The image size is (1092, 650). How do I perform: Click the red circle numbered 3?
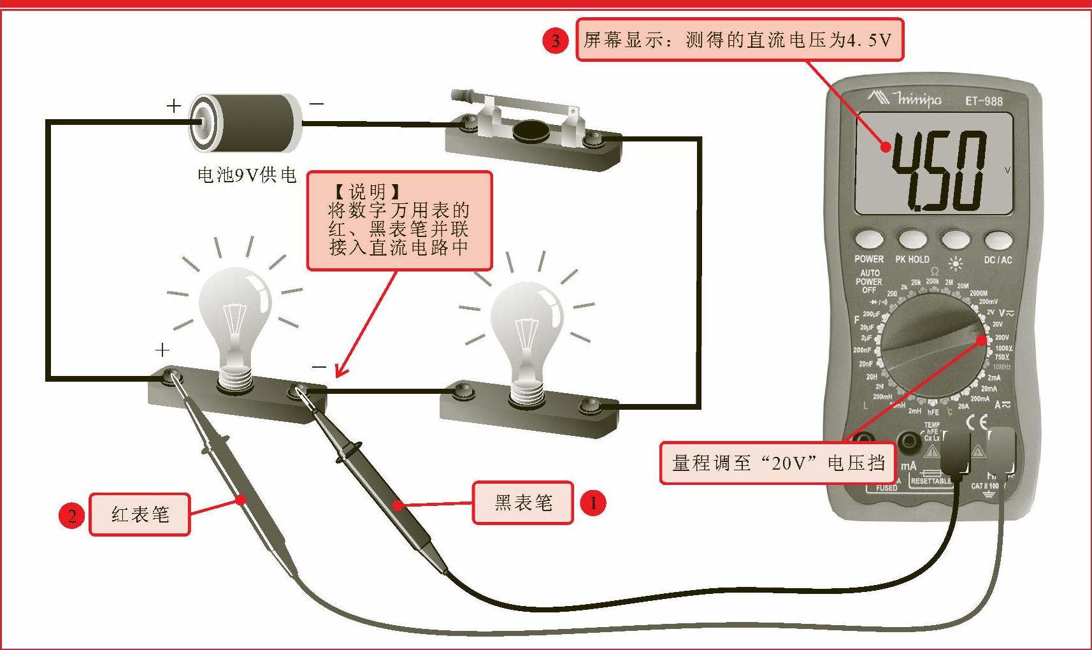click(555, 41)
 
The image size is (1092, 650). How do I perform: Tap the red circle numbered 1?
click(593, 503)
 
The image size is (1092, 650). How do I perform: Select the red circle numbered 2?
click(72, 515)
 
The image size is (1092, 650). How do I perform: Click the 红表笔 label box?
click(140, 514)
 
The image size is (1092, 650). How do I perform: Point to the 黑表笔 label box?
click(522, 503)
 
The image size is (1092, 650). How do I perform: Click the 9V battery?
click(246, 122)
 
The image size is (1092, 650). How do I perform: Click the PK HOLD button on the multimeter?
click(912, 240)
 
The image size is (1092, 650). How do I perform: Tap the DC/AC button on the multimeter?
click(998, 241)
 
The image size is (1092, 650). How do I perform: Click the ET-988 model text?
click(983, 101)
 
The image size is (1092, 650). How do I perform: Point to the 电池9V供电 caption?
click(247, 175)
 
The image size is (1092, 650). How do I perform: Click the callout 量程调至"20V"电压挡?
click(777, 463)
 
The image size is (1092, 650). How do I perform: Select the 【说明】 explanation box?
click(399, 220)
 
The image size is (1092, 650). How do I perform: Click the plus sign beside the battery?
click(173, 105)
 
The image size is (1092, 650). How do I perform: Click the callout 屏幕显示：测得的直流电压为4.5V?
click(739, 40)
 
